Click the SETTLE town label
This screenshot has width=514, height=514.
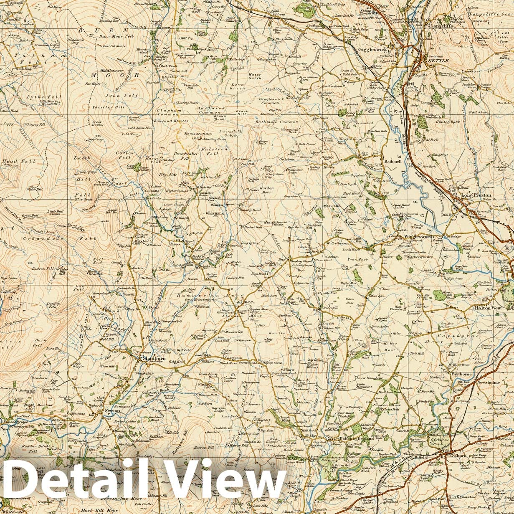tap(438, 61)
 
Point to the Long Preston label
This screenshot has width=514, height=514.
tap(476, 195)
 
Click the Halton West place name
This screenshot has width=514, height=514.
tap(488, 308)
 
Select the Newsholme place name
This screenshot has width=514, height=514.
tap(486, 382)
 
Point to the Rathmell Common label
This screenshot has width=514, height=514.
tap(277, 122)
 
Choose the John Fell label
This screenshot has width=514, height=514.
tap(115, 95)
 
